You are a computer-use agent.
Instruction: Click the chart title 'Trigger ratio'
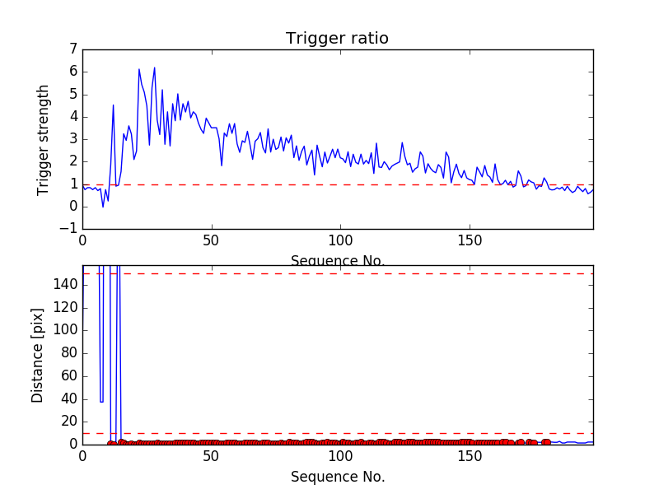click(x=337, y=39)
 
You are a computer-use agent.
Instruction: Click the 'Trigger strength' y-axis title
click(x=44, y=139)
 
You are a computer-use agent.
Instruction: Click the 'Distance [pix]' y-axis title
click(x=38, y=355)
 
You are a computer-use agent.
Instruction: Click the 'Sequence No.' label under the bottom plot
click(x=338, y=477)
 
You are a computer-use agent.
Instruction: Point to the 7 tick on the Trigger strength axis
click(x=72, y=49)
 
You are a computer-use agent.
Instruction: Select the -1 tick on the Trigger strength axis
click(x=68, y=229)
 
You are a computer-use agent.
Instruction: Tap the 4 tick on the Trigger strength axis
click(x=72, y=116)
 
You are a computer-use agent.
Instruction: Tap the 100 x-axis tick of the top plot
click(x=339, y=240)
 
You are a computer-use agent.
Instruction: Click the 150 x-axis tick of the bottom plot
click(x=469, y=455)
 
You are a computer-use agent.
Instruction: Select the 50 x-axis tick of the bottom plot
click(x=211, y=455)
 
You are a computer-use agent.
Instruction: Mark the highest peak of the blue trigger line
click(x=154, y=68)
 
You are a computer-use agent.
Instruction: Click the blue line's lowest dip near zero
click(x=103, y=206)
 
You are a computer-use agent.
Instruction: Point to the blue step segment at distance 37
click(x=101, y=402)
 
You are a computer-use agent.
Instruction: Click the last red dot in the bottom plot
click(x=547, y=442)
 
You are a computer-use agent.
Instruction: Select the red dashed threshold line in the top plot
click(x=329, y=184)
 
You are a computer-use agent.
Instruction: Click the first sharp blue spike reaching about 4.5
click(x=113, y=105)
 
